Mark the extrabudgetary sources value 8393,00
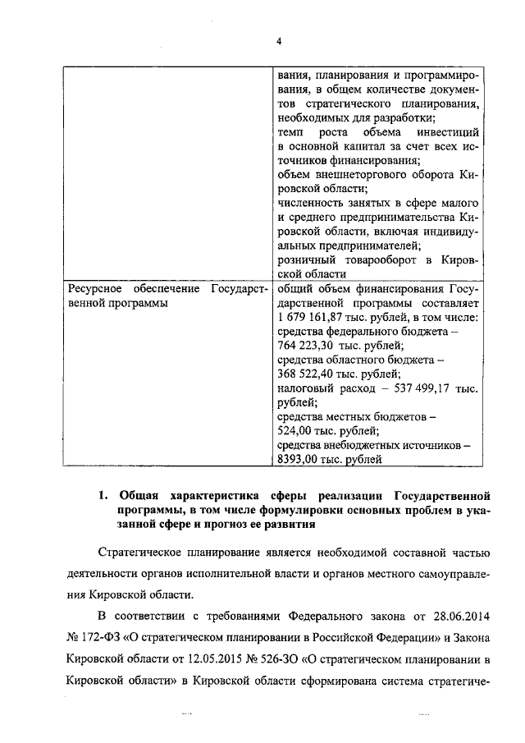click(x=305, y=460)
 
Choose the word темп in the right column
click(x=290, y=131)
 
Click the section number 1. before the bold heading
click(x=103, y=496)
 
